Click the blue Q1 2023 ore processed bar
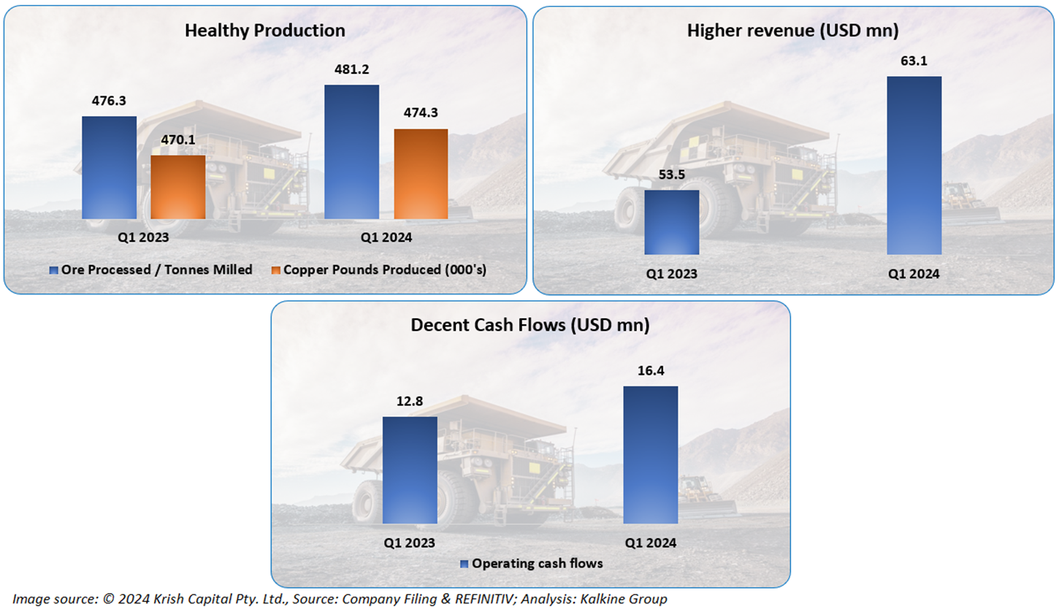[109, 167]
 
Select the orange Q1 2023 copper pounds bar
[177, 187]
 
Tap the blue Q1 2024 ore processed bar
[351, 152]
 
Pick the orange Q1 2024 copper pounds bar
[421, 174]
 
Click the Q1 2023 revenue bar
[672, 222]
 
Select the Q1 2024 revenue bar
[914, 165]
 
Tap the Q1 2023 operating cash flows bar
[410, 470]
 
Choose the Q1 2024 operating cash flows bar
[650, 454]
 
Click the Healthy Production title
[264, 31]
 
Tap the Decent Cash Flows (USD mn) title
[530, 326]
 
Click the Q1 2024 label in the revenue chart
[914, 274]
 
